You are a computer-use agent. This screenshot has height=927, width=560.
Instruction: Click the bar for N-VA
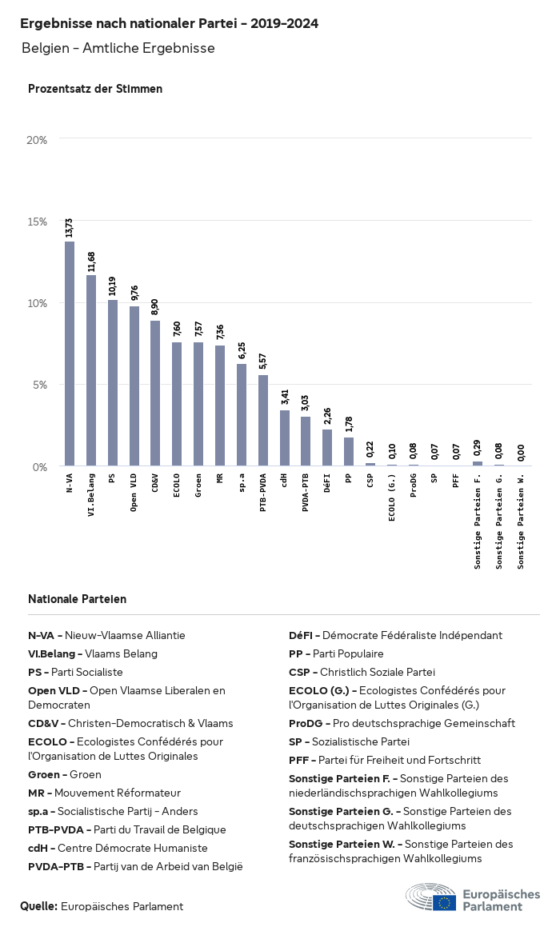point(70,354)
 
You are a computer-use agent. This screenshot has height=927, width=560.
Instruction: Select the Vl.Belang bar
point(91,370)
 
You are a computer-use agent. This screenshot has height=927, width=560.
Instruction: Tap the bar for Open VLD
point(134,386)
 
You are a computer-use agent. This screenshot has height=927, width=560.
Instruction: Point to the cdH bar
point(284,438)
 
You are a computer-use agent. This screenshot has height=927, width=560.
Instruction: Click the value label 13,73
point(70,227)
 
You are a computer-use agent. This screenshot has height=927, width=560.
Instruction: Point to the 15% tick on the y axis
point(38,222)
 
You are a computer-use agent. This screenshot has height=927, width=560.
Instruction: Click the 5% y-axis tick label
point(41,385)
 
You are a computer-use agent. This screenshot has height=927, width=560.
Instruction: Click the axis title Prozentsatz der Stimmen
point(95,89)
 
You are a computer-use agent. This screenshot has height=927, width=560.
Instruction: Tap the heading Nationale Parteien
point(77,599)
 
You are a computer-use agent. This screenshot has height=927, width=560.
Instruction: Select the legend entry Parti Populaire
point(336,653)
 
